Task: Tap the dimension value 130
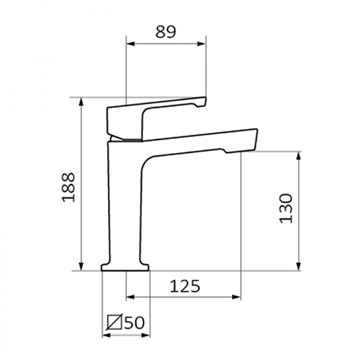[286, 208]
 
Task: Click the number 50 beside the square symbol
[134, 323]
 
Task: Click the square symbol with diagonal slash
[114, 323]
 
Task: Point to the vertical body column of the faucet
[125, 204]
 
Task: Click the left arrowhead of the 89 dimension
[130, 44]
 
